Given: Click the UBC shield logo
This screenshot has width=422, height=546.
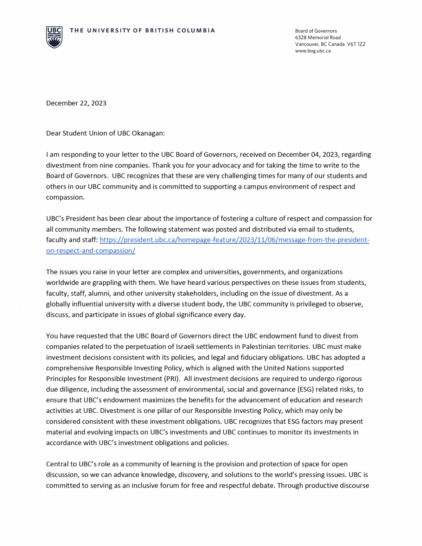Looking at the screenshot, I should click(x=54, y=37).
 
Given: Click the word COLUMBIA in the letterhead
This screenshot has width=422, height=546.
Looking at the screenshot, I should click(x=196, y=31).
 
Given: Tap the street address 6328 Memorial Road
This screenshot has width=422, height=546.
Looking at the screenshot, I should click(x=318, y=38).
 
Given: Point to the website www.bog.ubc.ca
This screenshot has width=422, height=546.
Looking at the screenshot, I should click(x=313, y=51).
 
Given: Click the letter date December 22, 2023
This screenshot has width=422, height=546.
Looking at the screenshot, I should click(x=76, y=103).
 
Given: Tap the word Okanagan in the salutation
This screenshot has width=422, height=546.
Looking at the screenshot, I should click(x=148, y=133).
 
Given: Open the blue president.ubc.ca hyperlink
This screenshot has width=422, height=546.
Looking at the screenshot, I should click(x=234, y=240).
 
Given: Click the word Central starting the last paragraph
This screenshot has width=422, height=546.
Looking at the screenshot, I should click(x=58, y=464).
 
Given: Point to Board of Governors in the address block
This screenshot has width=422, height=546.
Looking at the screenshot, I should click(x=316, y=31).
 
